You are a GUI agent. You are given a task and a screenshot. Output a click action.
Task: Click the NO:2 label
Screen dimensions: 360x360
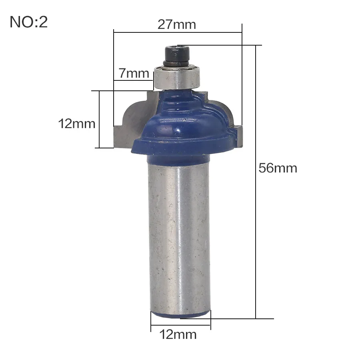pos(29,22)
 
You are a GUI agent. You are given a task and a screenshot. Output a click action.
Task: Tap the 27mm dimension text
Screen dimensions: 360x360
pos(176,24)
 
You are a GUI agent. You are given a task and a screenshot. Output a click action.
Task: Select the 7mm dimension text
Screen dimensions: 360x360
pos(134,73)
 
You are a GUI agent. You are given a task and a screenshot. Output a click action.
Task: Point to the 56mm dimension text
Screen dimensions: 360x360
pos(278,168)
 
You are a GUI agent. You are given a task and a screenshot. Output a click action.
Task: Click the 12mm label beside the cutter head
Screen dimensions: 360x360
pos(77,124)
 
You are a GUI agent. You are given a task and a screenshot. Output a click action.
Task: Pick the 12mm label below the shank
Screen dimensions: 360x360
pos(178,334)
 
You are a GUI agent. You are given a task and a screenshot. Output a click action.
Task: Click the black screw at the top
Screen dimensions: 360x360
pos(177,56)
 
